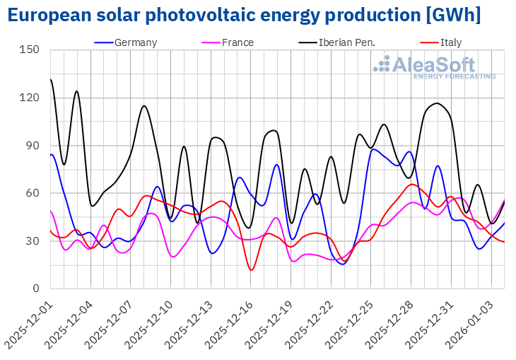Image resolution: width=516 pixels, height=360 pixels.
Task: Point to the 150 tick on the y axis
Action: tap(30, 50)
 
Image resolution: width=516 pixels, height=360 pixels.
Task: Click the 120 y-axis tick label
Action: tap(30, 98)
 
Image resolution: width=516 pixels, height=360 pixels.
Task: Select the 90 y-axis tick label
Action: tap(33, 146)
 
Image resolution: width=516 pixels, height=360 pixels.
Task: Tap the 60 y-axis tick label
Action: tap(33, 193)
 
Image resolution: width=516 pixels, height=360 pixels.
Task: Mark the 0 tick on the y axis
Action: tap(35, 289)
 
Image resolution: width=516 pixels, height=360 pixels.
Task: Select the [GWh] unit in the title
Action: tap(454, 15)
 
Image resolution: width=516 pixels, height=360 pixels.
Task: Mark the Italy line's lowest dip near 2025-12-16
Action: tap(252, 269)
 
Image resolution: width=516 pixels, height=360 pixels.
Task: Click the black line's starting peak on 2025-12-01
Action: tap(51, 80)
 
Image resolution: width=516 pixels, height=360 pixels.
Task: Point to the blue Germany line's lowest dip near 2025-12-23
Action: tap(342, 264)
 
